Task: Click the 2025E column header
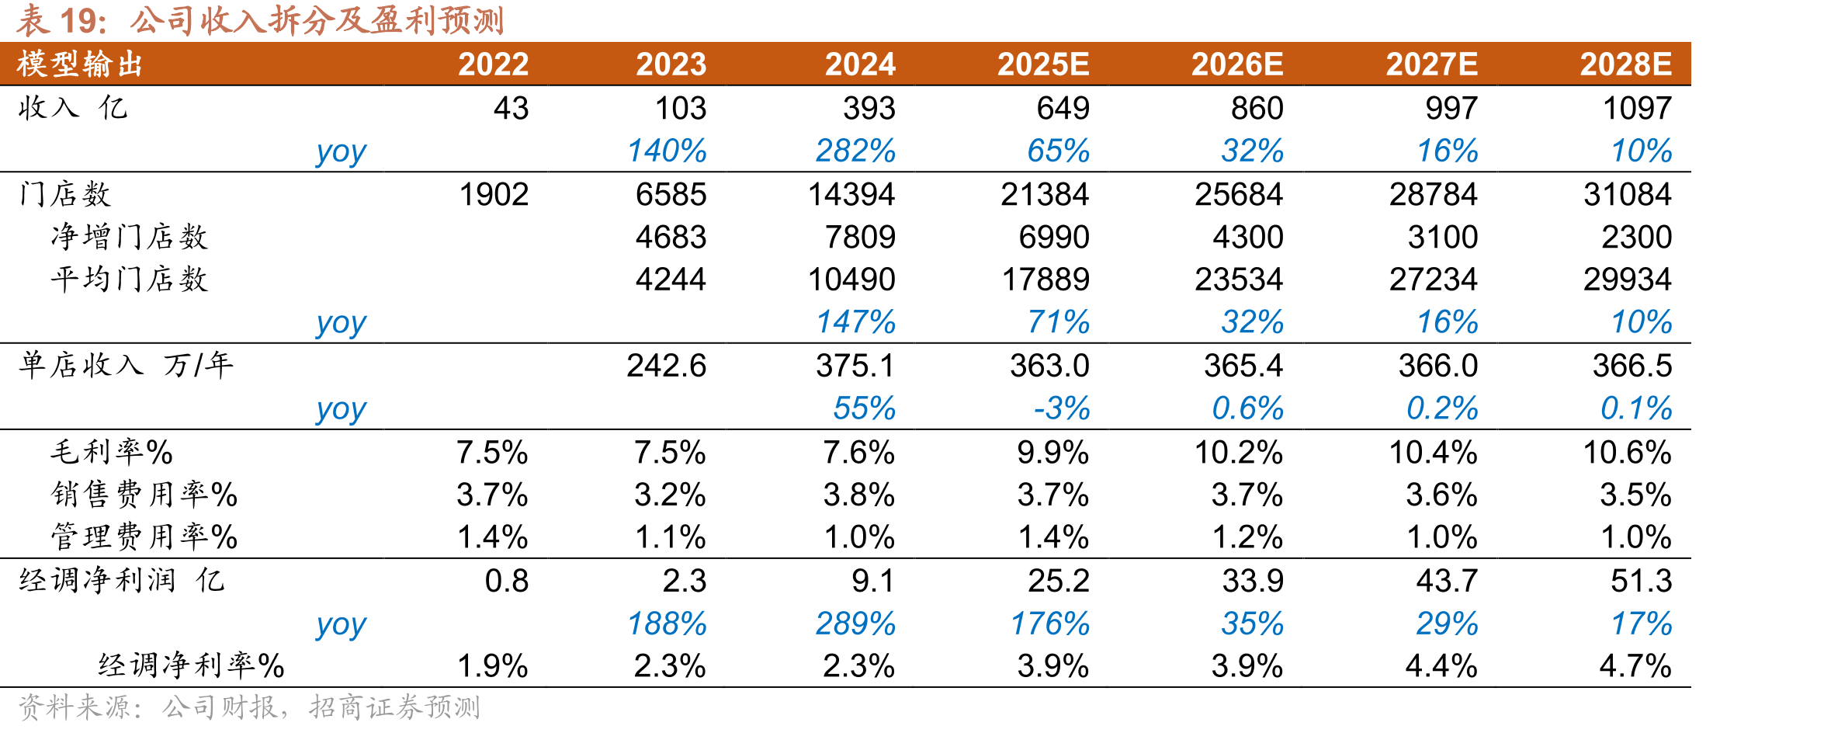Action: (1043, 64)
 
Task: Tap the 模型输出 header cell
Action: (81, 64)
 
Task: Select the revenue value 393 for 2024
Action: (869, 109)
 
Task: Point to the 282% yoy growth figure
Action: (855, 151)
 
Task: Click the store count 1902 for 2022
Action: (494, 194)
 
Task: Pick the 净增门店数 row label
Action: (130, 237)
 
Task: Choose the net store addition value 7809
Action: (861, 237)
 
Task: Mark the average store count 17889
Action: (1046, 280)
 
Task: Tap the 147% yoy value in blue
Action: (855, 322)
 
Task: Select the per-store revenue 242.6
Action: (667, 366)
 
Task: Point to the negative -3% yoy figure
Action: (1062, 408)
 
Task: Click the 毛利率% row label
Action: (113, 452)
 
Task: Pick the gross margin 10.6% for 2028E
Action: (1628, 453)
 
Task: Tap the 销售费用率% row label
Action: (144, 495)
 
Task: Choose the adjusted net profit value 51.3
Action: (1642, 581)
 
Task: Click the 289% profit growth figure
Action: (855, 624)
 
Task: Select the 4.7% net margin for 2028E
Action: (1635, 666)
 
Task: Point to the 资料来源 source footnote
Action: (249, 707)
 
